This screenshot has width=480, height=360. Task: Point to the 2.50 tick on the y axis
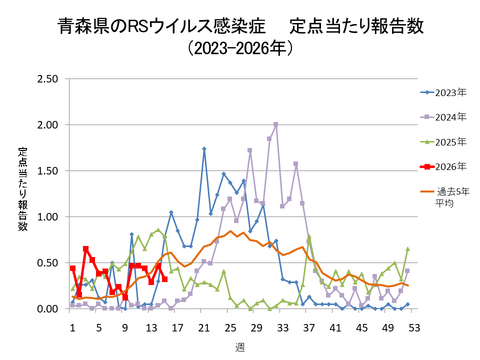[x=47, y=78]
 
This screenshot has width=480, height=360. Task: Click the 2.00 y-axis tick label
[x=47, y=124]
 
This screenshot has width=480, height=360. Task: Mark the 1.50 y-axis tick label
[x=47, y=170]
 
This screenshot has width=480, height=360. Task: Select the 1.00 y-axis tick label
[x=47, y=216]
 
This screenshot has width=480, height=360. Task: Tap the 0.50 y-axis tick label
[x=47, y=262]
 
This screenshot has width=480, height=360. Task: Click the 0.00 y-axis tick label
[x=47, y=308]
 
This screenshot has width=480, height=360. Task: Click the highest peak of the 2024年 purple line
[x=275, y=124]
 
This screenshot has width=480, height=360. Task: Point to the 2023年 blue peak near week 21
[x=204, y=149]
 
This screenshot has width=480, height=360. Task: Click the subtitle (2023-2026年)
[x=240, y=46]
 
